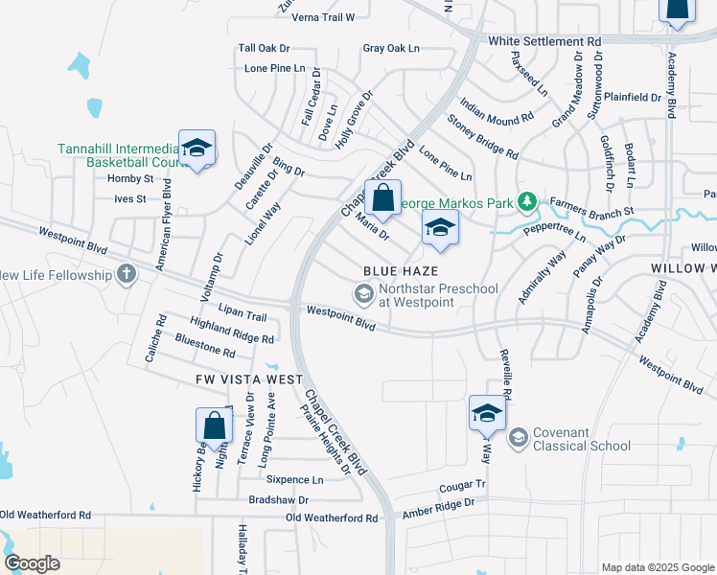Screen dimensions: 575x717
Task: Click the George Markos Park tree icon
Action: [x=525, y=202]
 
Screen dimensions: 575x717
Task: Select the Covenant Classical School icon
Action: [x=518, y=438]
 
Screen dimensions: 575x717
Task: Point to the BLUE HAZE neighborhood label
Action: [x=400, y=271]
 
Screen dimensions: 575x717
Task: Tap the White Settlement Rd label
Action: [x=544, y=42]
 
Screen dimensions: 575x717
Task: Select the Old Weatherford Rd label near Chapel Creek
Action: [x=332, y=518]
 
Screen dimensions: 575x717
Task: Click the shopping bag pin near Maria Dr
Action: [x=382, y=199]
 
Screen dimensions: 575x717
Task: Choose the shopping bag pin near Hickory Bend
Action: [x=214, y=425]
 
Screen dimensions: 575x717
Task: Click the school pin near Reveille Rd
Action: [x=487, y=414]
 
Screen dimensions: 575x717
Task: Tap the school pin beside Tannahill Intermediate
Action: [x=197, y=149]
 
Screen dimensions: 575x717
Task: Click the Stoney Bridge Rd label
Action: [x=482, y=137]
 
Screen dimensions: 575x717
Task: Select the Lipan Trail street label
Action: [x=243, y=316]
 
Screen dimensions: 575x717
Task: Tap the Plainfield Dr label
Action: [x=633, y=97]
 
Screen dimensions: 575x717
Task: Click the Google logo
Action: [x=33, y=563]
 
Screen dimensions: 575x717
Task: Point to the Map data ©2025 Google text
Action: [x=657, y=567]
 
